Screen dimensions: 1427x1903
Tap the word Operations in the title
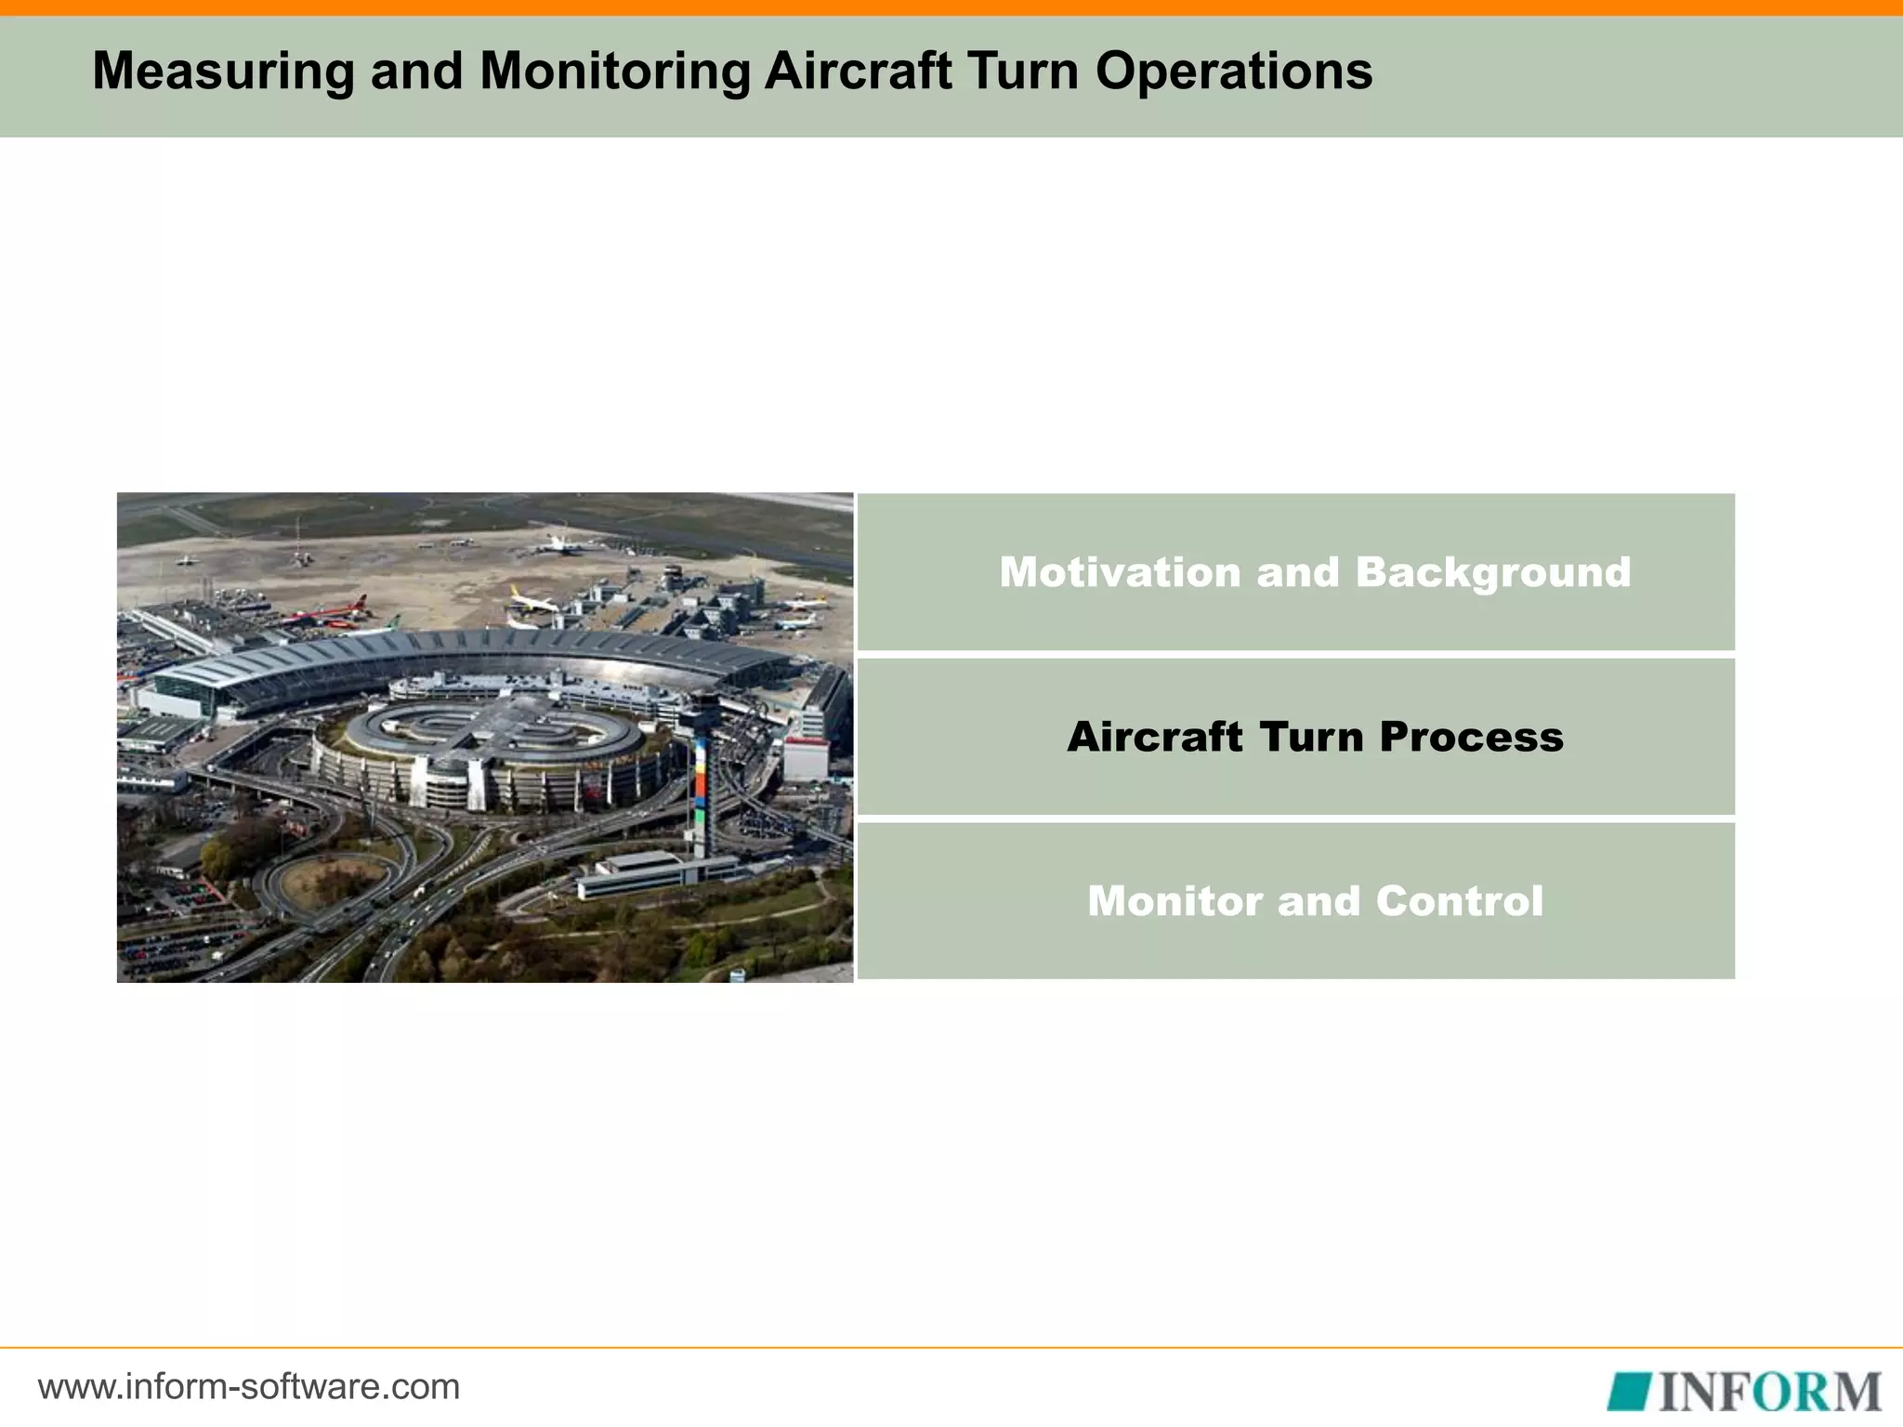pyautogui.click(x=1233, y=71)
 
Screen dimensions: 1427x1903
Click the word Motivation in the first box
pyautogui.click(x=1120, y=572)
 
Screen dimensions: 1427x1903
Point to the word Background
pyautogui.click(x=1492, y=572)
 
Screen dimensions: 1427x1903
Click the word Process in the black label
pyautogui.click(x=1471, y=737)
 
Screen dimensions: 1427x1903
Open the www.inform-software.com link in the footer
pyautogui.click(x=249, y=1387)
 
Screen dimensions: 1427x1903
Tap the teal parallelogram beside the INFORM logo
pyautogui.click(x=1631, y=1392)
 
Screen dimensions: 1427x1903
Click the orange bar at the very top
pyautogui.click(x=951, y=7)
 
